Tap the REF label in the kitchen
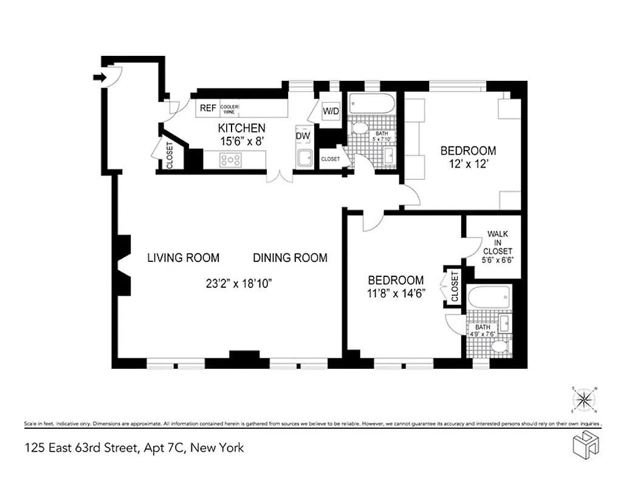click(208, 108)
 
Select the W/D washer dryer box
click(331, 112)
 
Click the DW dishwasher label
click(303, 136)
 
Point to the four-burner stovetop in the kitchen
click(231, 160)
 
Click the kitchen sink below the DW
click(303, 159)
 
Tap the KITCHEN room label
click(242, 128)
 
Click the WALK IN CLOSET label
click(498, 242)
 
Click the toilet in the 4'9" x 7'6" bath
click(499, 347)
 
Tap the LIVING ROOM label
click(183, 258)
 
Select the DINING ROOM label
click(290, 258)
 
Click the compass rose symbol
click(585, 399)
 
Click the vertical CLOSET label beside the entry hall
click(170, 155)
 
